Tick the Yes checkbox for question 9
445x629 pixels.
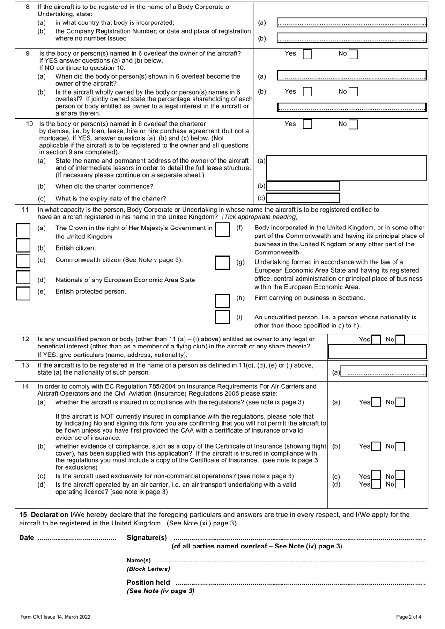(x=307, y=54)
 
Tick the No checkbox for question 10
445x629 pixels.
(x=353, y=125)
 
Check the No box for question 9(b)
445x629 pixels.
(x=353, y=92)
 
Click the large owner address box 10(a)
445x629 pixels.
(x=346, y=168)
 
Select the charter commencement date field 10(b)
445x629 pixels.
(x=303, y=186)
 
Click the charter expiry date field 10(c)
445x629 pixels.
(x=303, y=198)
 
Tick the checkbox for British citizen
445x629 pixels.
(x=23, y=245)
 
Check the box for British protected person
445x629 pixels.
(x=23, y=293)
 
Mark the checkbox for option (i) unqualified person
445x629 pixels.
(x=222, y=317)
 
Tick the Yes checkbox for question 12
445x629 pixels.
(x=375, y=340)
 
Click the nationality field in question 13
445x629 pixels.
(x=384, y=372)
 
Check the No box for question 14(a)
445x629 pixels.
(x=400, y=402)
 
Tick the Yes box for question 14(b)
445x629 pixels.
(x=376, y=447)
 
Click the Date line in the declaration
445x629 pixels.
(x=76, y=538)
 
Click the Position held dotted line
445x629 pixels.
(x=300, y=583)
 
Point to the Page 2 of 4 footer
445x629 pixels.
(x=408, y=617)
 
